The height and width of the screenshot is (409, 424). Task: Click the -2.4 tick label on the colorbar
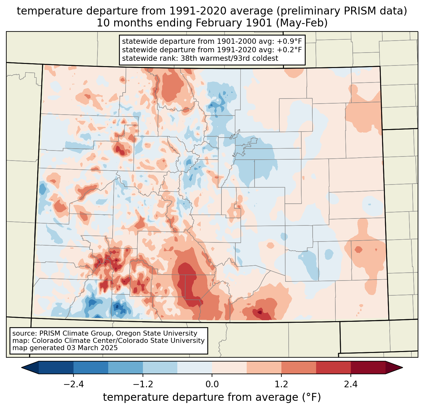pyautogui.click(x=74, y=384)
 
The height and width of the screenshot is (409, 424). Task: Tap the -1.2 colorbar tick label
pyautogui.click(x=143, y=384)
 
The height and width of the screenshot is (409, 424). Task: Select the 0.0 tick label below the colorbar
pyautogui.click(x=212, y=384)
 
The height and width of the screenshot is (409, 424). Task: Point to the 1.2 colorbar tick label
pyautogui.click(x=281, y=384)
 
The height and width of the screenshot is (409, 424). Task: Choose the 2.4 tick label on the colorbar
pyautogui.click(x=351, y=384)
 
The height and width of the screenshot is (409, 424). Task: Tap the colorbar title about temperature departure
pyautogui.click(x=212, y=397)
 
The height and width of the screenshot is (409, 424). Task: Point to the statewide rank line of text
pyautogui.click(x=200, y=58)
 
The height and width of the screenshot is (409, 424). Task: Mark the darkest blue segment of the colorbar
pyautogui.click(x=56, y=367)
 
